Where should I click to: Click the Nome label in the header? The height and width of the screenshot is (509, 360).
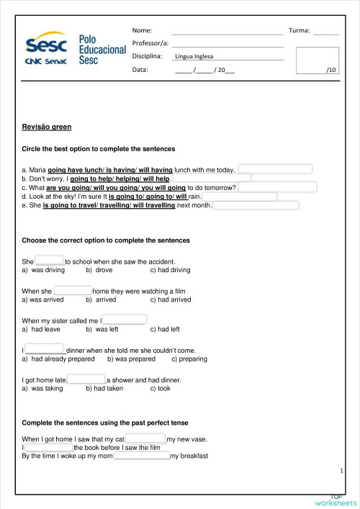(143, 31)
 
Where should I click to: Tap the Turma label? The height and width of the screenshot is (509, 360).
(299, 31)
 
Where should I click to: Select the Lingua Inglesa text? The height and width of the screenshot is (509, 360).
(194, 57)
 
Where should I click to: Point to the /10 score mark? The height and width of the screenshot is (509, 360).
(330, 70)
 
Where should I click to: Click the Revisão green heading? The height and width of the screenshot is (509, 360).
(47, 127)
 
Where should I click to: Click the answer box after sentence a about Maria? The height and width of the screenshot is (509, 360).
(275, 169)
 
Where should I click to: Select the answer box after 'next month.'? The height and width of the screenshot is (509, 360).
(256, 205)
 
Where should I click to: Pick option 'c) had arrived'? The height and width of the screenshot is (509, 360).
(171, 299)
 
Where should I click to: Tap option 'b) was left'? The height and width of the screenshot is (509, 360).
(102, 330)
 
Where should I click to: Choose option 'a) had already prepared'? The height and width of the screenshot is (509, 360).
(58, 359)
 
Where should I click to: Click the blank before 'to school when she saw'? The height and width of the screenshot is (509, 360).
(50, 261)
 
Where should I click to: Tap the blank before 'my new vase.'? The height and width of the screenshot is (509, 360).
(146, 438)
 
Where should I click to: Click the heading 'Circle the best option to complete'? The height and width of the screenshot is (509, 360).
(99, 149)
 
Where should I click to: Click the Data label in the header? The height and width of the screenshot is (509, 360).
(140, 70)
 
